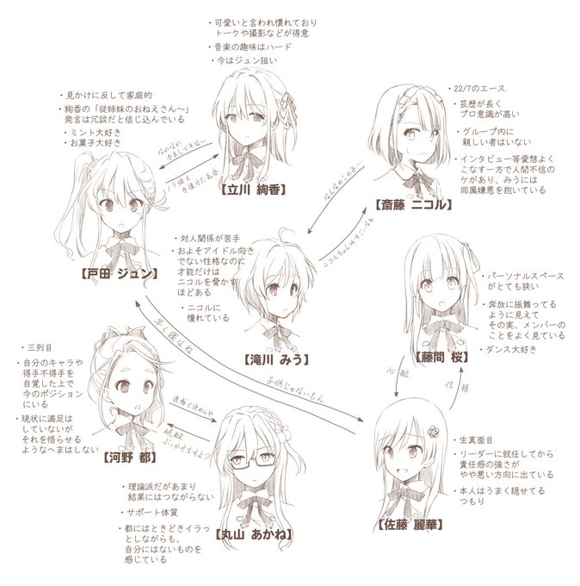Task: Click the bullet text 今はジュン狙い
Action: pyautogui.click(x=244, y=62)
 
